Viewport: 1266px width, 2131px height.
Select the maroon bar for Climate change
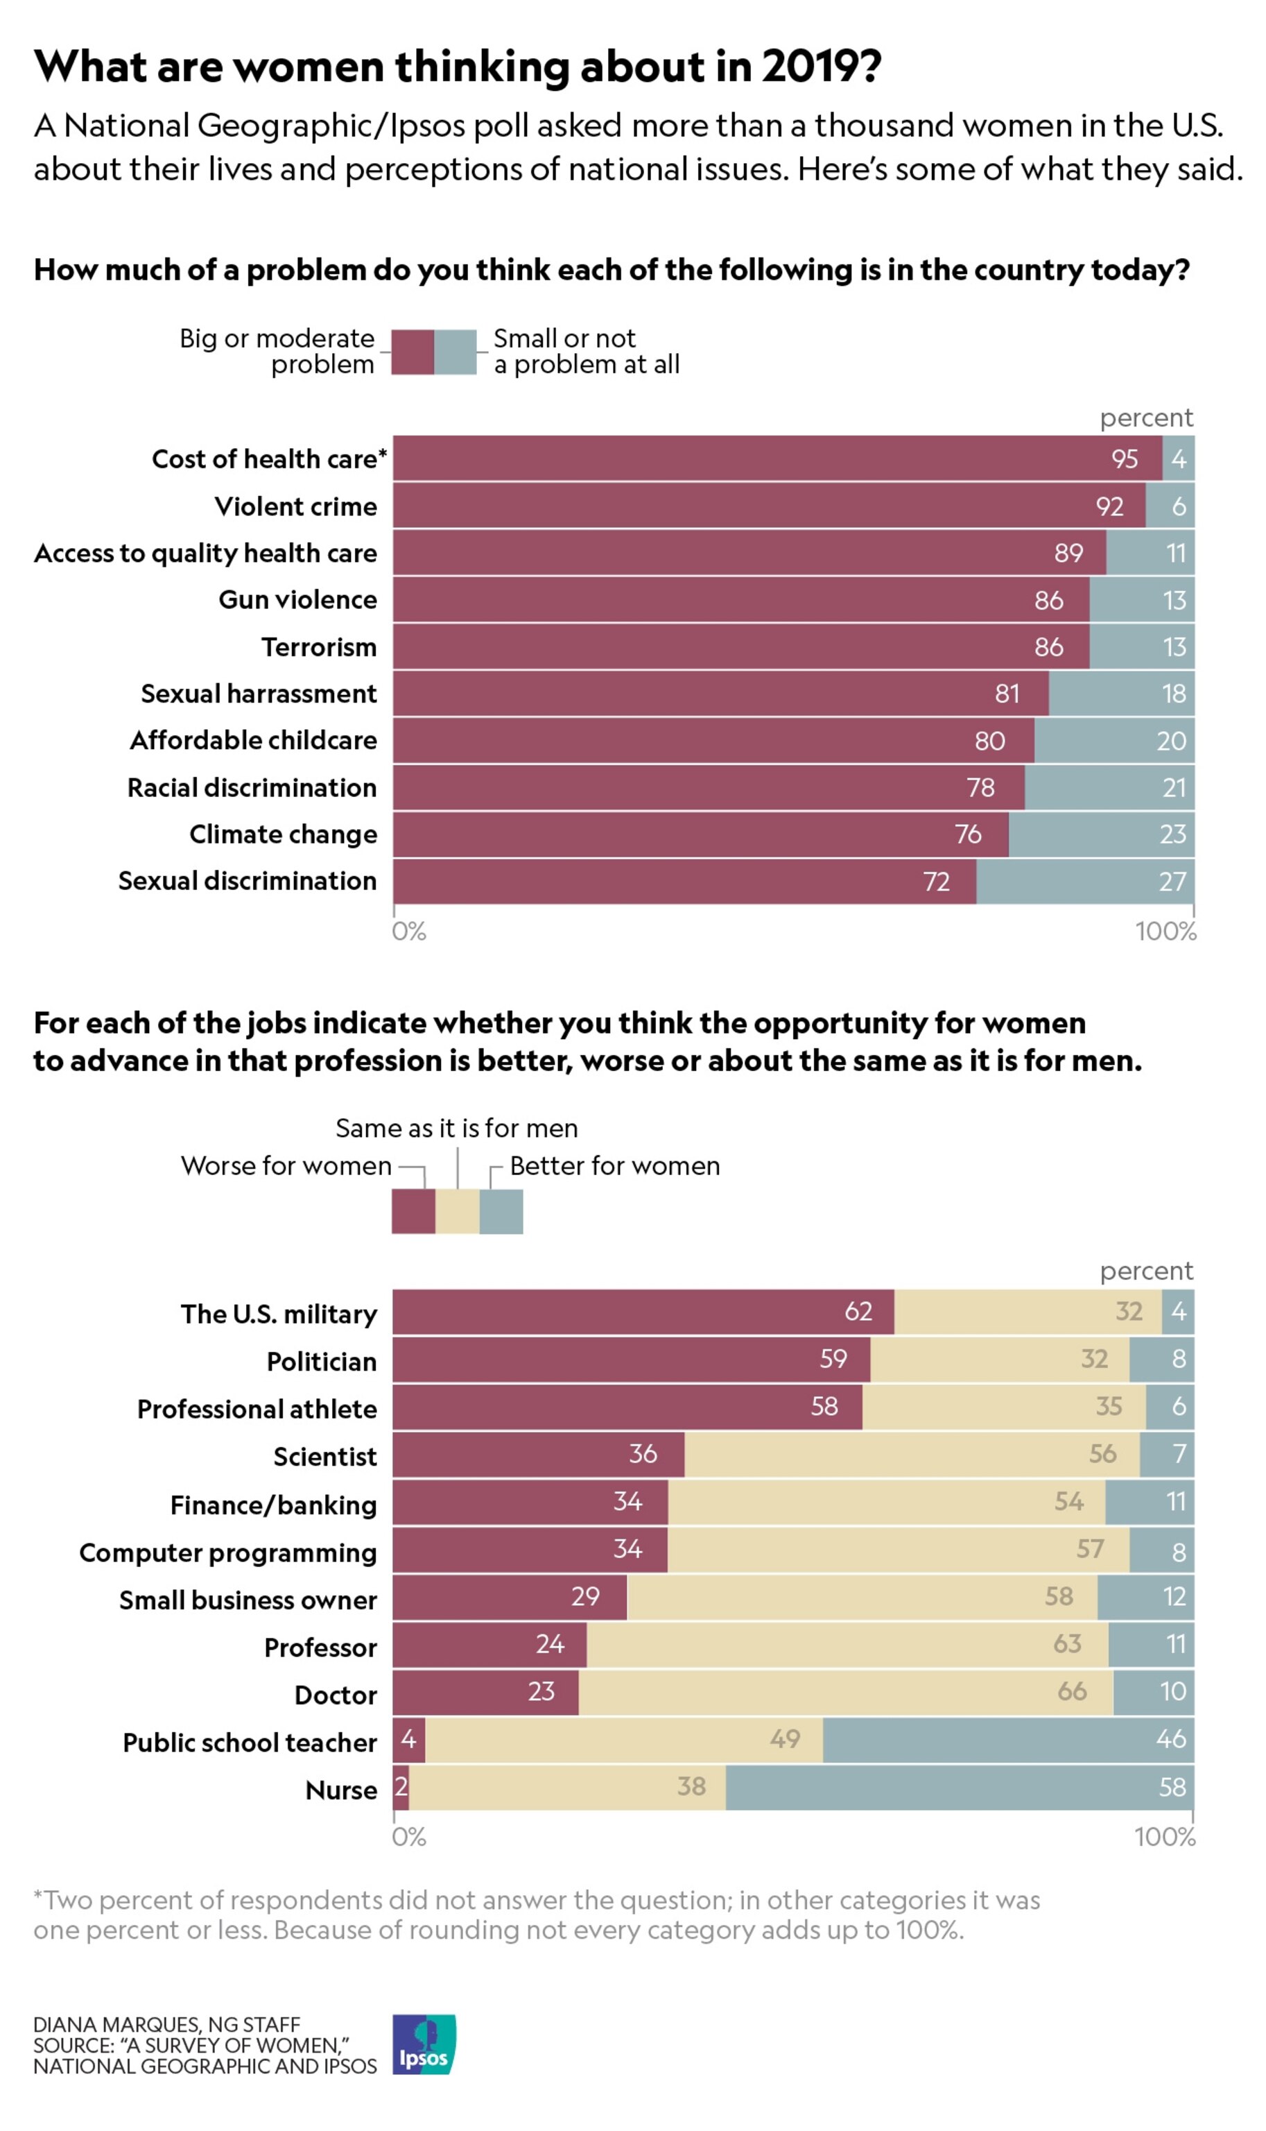click(x=700, y=834)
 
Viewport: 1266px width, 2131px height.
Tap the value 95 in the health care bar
click(x=1125, y=459)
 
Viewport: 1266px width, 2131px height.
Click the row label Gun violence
click(x=297, y=600)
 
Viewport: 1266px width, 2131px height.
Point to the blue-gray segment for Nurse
click(x=959, y=1786)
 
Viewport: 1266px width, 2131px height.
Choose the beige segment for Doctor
click(x=844, y=1691)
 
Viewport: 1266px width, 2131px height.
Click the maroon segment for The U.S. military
click(x=643, y=1312)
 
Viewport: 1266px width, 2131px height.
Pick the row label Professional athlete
click(x=257, y=1409)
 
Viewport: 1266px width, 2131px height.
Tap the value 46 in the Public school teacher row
click(x=1170, y=1738)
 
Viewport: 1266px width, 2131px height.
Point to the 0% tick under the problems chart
click(x=408, y=931)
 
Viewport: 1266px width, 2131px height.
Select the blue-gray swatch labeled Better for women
click(x=501, y=1211)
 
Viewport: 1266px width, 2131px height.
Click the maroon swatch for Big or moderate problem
click(x=413, y=352)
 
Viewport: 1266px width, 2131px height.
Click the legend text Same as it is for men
click(x=456, y=1128)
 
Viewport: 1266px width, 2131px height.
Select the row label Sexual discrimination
click(x=248, y=881)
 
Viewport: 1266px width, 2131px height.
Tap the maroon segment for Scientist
click(x=538, y=1453)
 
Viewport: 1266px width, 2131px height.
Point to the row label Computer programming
click(x=228, y=1552)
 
